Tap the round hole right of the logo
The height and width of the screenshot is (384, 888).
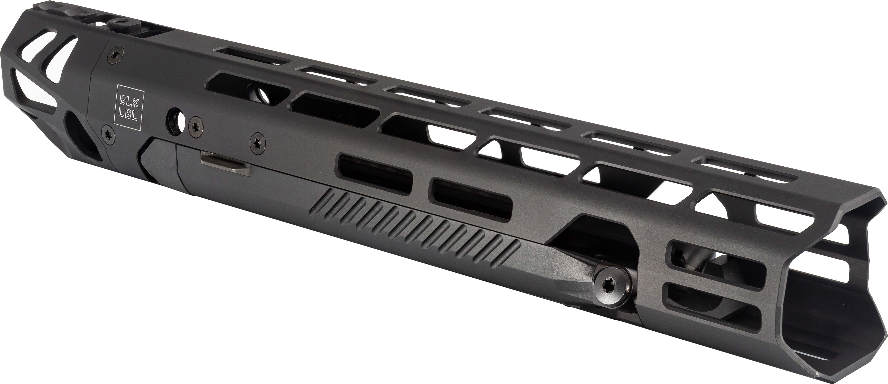click(x=177, y=122)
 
